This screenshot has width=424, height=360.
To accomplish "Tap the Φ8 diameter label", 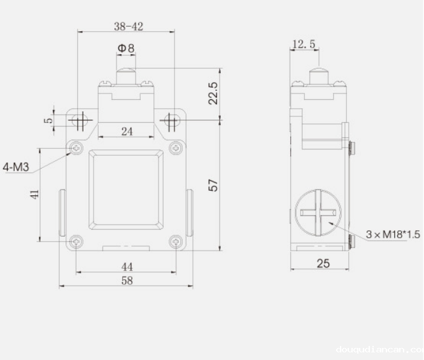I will coord(126,48).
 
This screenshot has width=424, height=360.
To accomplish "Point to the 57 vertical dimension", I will coord(214,185).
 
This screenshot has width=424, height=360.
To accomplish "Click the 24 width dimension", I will coord(127,132).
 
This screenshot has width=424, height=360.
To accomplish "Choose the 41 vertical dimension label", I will coord(35,195).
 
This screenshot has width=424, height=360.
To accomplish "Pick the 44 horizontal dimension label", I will coord(127,266).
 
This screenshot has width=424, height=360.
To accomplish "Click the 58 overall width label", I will coord(127,280).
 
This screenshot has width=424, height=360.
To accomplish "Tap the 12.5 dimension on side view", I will coord(304,45).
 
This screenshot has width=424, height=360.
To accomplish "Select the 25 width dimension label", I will coord(323,263).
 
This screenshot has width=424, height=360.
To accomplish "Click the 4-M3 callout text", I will coord(17,167).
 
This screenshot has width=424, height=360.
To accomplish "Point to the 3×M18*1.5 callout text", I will coord(393,235).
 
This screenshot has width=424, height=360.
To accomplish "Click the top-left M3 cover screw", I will coord(77,148).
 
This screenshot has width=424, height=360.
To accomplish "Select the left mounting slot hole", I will coord(78,120).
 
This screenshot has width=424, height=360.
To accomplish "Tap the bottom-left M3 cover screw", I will coord(77,241).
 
